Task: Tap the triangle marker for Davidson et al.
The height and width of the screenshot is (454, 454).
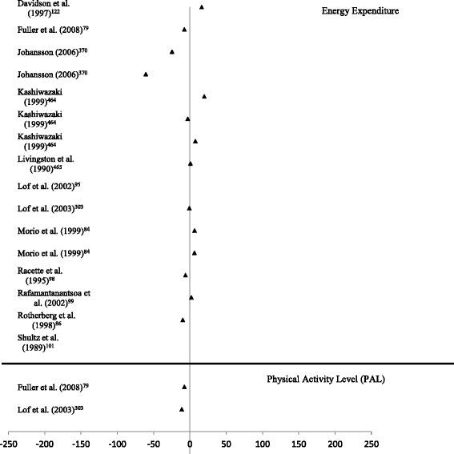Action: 202,7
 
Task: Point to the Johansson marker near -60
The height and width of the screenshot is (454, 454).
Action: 146,74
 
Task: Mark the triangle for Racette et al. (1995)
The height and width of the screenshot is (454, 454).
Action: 186,275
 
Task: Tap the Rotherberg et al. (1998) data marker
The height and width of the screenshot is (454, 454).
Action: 183,319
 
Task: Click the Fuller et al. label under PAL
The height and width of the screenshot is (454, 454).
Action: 53,388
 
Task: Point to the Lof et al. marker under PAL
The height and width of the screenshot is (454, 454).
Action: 182,409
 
